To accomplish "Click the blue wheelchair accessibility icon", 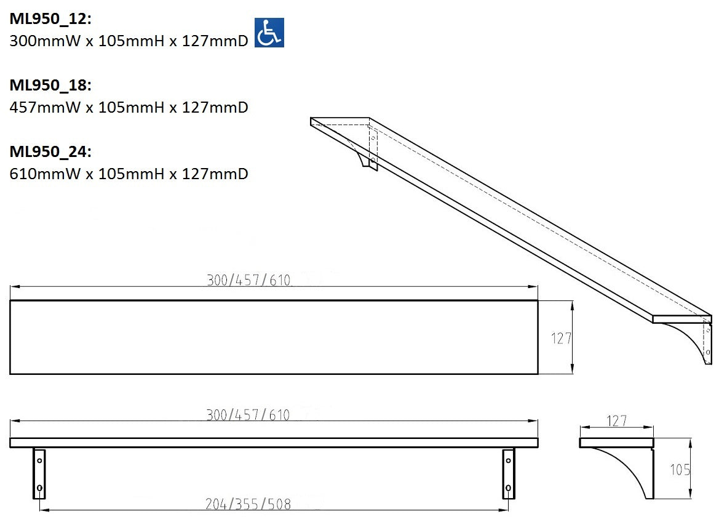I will (x=269, y=33).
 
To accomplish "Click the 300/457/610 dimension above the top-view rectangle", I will (x=248, y=281).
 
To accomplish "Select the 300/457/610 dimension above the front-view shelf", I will (x=248, y=415).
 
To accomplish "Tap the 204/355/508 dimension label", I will (x=248, y=504).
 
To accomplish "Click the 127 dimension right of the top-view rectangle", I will (x=561, y=338).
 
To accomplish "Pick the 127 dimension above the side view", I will (x=616, y=421).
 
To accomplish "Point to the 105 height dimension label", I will (x=680, y=470).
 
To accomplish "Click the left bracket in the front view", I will (x=39, y=473).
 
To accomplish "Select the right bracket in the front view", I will (x=508, y=473).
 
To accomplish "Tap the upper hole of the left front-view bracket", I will (x=39, y=460).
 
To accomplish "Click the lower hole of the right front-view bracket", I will (x=508, y=488).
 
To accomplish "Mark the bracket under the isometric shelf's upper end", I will (x=367, y=154).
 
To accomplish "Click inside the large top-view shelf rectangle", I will (x=274, y=337).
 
